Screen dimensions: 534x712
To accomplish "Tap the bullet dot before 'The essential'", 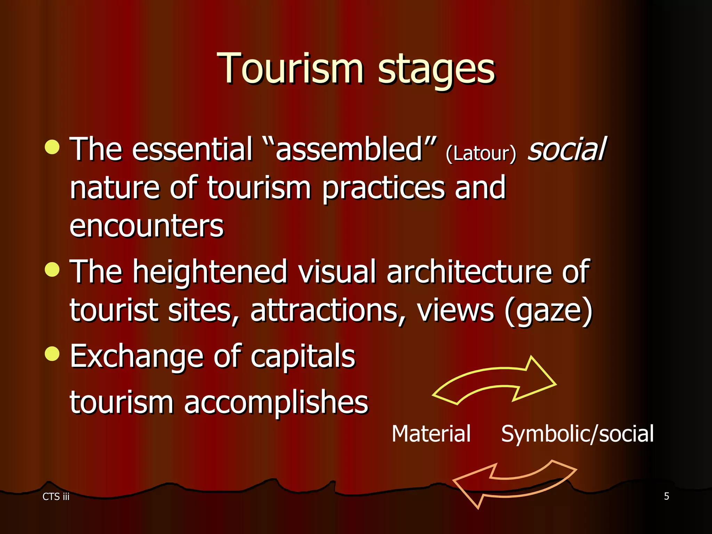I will (52, 147).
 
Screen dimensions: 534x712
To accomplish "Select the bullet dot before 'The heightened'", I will (52, 269).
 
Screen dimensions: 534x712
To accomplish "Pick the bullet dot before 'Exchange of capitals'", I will (52, 354).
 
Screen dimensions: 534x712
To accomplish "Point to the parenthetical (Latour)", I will (481, 153).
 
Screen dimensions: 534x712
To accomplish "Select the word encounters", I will (146, 226).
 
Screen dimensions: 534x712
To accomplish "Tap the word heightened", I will (210, 272).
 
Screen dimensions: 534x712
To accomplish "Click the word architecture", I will (469, 272).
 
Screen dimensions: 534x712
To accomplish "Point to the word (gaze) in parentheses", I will (549, 310).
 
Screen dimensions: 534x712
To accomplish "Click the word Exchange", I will (136, 356).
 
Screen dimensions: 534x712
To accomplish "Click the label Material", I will (431, 434).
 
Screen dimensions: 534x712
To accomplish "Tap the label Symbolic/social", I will (577, 434).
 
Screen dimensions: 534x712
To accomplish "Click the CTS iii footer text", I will (56, 496).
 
